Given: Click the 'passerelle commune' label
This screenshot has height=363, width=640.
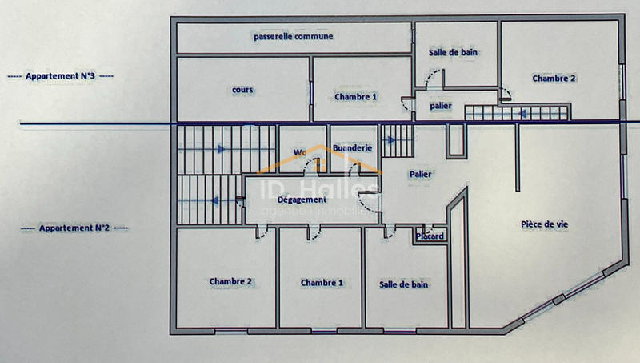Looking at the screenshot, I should (293, 36).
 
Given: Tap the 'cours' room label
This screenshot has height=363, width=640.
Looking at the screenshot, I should (242, 90).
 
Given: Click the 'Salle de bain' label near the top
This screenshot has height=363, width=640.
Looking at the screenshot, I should (454, 53).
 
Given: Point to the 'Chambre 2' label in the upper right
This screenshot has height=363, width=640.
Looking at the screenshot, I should (554, 79).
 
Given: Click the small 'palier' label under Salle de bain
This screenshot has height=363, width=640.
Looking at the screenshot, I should (440, 106).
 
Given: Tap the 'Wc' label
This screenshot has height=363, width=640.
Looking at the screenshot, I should (300, 151).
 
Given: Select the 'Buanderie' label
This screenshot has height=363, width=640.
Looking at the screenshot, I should (352, 148).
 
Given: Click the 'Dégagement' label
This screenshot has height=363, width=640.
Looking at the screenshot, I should (297, 199).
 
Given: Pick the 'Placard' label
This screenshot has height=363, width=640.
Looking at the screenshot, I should (430, 236).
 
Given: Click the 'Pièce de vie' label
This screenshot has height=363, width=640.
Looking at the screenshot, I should (544, 224).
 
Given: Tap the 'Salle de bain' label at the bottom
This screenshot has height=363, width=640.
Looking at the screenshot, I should (402, 284).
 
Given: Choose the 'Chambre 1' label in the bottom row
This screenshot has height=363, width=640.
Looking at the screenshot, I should (322, 283).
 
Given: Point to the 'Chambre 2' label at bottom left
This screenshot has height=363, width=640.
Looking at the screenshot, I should (230, 282).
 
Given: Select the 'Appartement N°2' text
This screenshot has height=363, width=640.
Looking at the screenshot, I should (74, 228).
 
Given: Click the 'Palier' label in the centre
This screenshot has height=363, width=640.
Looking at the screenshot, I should (421, 174).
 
